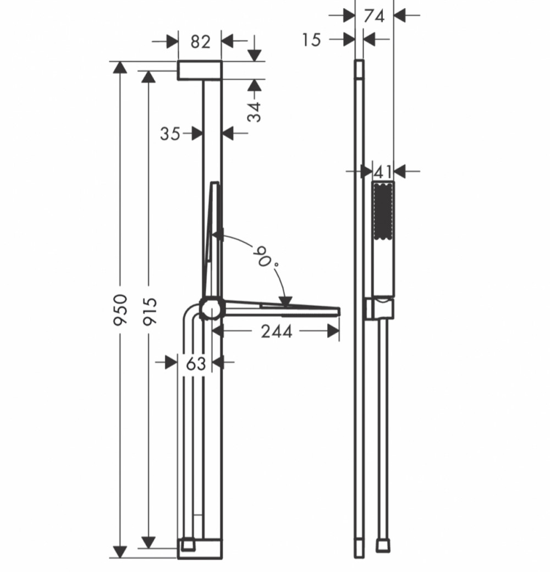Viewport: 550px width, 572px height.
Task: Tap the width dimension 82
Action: (200, 41)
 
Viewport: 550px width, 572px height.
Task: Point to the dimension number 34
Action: (254, 111)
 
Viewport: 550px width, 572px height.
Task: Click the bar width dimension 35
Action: (170, 133)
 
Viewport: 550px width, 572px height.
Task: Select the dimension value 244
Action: (276, 331)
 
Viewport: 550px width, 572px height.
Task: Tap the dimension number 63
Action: (195, 363)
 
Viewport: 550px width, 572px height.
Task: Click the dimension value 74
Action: (374, 15)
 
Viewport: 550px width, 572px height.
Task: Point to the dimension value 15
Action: (311, 40)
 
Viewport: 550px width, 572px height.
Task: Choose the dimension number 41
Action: (383, 172)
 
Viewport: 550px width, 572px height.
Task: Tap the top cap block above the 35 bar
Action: (199, 70)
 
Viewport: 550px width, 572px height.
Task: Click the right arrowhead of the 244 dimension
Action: (333, 331)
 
